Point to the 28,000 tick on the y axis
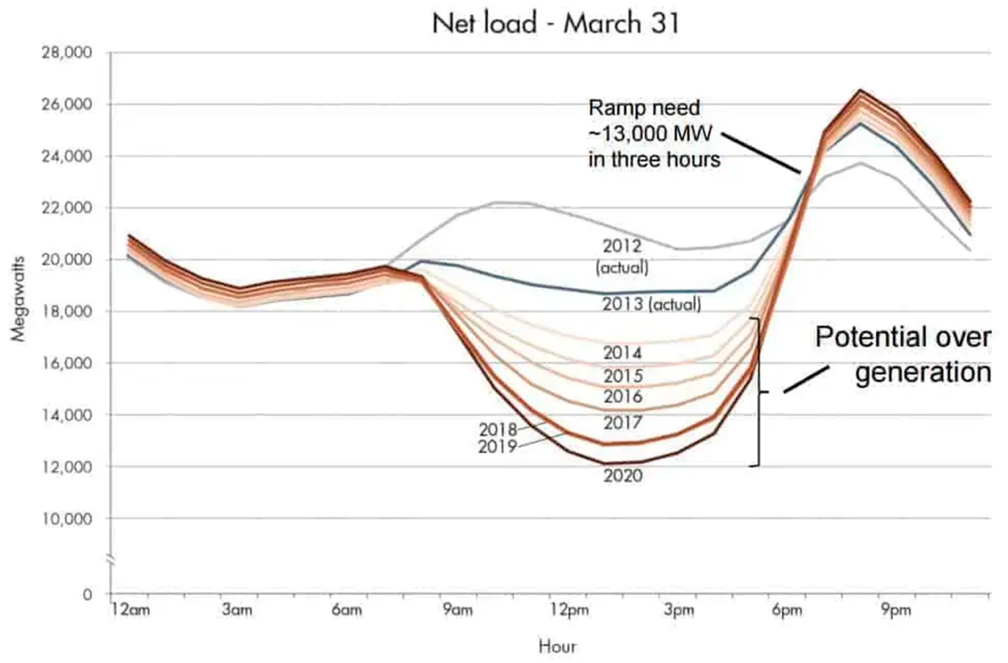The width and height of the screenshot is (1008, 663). (66, 53)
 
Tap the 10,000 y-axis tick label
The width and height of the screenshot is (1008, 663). (66, 518)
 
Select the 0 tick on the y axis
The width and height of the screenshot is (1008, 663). (87, 594)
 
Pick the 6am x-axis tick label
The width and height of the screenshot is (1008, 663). (347, 610)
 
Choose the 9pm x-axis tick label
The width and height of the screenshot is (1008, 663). (896, 610)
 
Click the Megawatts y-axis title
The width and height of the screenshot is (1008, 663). (18, 299)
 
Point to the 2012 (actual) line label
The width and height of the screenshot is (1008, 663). (622, 257)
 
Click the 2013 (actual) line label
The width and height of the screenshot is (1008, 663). (652, 305)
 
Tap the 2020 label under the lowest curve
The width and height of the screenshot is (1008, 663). (623, 476)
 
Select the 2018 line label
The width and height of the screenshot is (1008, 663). (498, 430)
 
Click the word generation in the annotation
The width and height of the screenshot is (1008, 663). (923, 373)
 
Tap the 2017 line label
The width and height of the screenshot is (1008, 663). (623, 423)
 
